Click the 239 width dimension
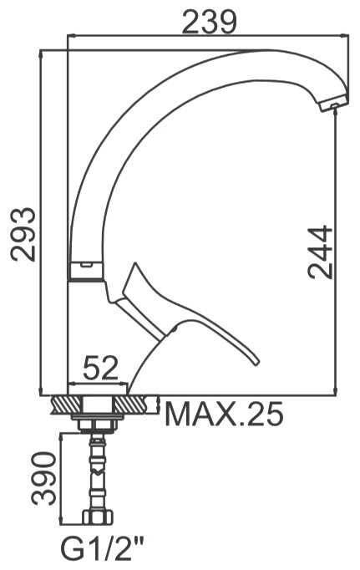[x=210, y=23]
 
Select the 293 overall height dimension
[x=23, y=234]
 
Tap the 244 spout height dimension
[x=320, y=252]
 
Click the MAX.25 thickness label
[x=224, y=414]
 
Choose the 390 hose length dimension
[x=44, y=478]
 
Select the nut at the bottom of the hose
[x=98, y=517]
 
